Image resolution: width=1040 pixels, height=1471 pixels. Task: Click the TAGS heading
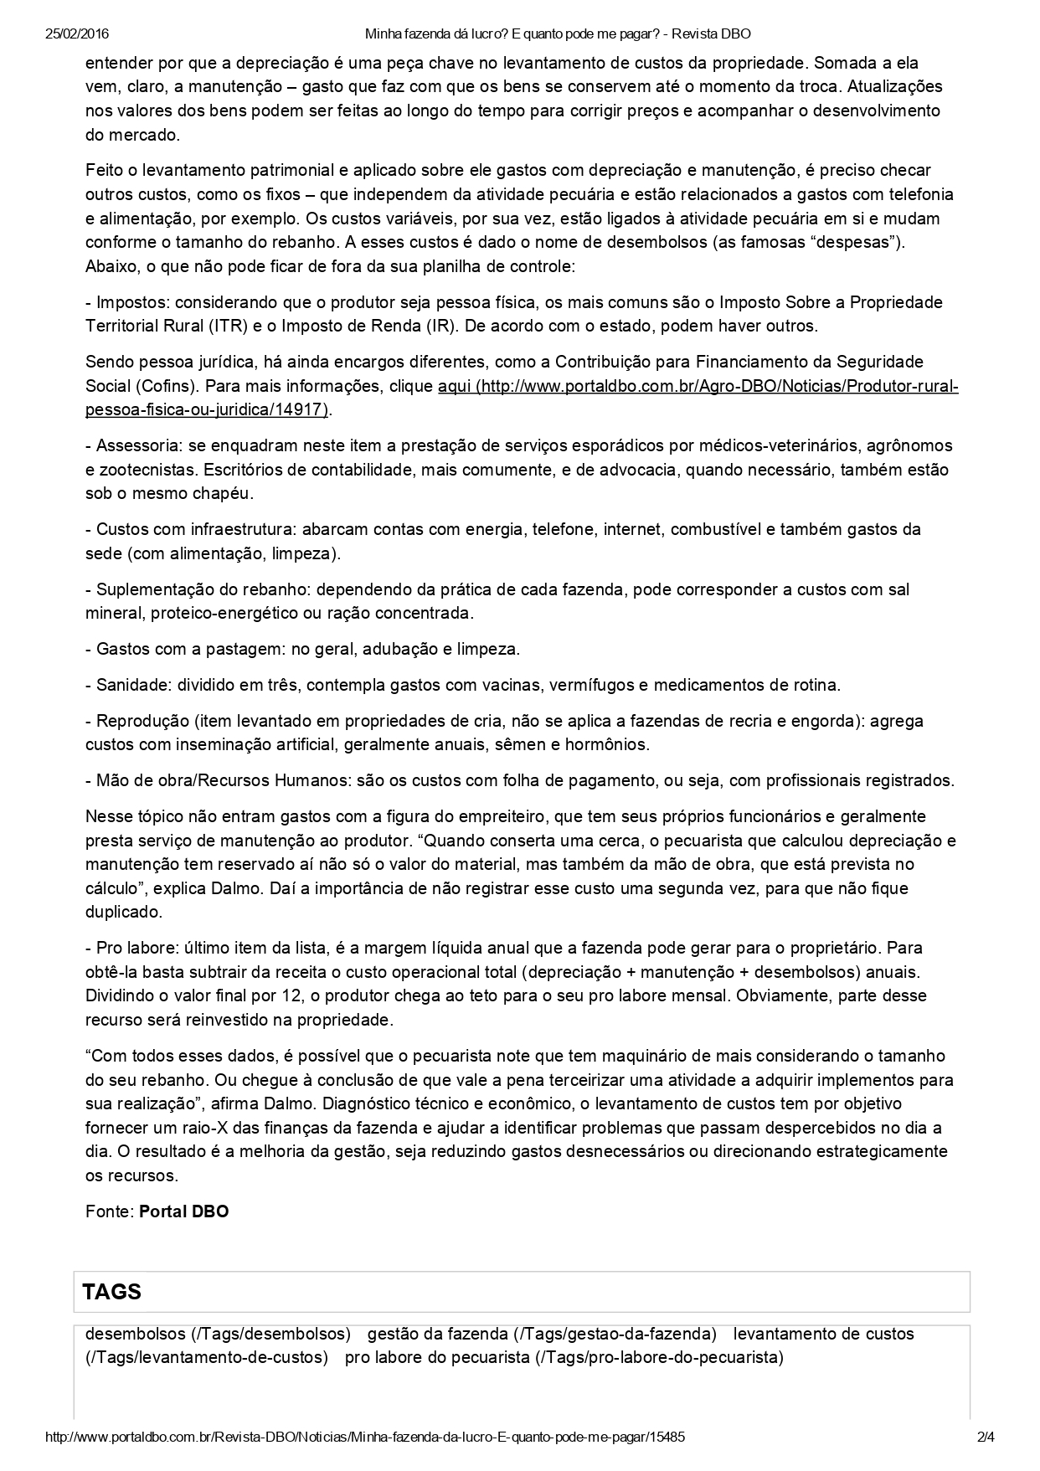pos(112,1291)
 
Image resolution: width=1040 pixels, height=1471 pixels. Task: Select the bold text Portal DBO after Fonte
pos(183,1211)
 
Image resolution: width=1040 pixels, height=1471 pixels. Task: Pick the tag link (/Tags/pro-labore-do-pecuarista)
pos(659,1357)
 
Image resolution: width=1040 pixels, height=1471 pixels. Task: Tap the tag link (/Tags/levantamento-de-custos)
pos(206,1357)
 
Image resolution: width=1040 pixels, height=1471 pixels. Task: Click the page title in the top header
pos(558,34)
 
